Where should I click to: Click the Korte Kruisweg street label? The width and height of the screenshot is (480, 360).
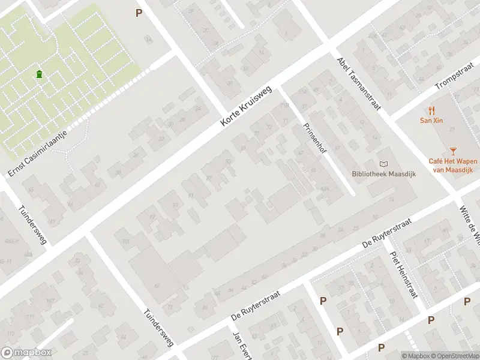[246, 106]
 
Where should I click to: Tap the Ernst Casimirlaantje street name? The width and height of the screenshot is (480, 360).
[37, 146]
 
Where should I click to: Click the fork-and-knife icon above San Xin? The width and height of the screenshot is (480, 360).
[431, 110]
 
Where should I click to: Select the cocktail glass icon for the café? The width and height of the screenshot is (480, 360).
[452, 151]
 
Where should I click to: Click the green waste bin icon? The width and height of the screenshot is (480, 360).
[39, 74]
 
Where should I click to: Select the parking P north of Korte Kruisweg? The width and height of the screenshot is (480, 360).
[139, 12]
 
